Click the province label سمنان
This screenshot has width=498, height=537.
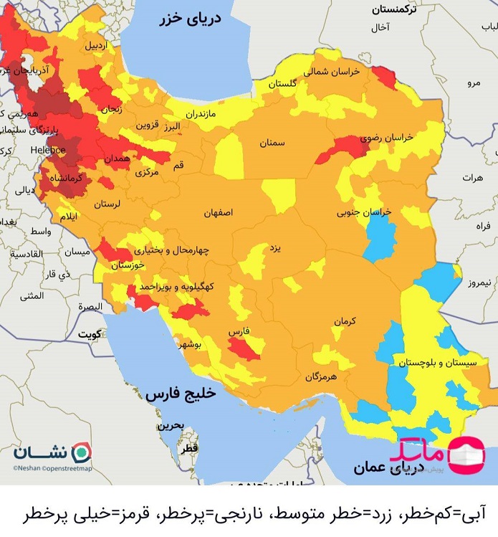(272, 143)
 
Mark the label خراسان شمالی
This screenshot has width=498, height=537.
(327, 72)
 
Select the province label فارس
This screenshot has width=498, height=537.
(238, 333)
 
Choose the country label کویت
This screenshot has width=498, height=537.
(89, 334)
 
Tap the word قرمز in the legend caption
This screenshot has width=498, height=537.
(138, 514)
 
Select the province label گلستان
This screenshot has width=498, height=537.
(282, 84)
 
